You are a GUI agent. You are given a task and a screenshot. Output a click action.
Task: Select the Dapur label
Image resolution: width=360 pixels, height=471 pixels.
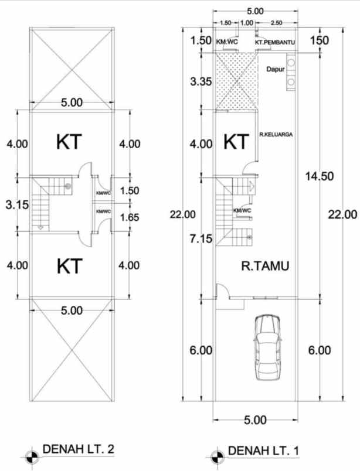(x=276, y=69)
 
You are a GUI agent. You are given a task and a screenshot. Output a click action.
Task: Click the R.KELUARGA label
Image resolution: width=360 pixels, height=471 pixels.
(x=276, y=134)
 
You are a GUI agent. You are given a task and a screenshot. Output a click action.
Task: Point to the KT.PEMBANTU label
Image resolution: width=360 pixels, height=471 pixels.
(x=274, y=42)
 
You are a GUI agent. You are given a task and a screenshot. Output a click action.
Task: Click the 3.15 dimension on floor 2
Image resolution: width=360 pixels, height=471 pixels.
(x=17, y=205)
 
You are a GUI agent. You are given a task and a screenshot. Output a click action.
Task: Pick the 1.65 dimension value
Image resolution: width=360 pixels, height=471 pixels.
(x=130, y=217)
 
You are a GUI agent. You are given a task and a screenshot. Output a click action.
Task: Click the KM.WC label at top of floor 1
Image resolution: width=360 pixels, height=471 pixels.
(x=226, y=42)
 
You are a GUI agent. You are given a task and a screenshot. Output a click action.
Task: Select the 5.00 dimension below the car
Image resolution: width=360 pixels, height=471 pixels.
(x=255, y=420)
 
